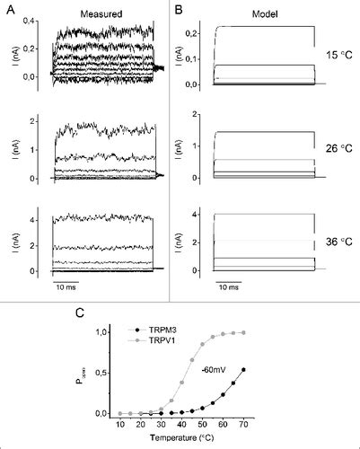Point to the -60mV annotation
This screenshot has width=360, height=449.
point(214,370)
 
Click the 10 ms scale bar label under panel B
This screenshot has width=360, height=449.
point(228,290)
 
